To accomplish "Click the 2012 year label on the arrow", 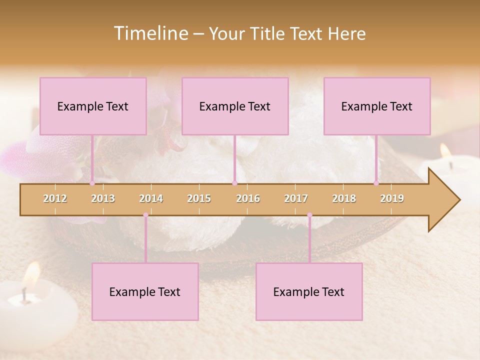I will click(55, 198).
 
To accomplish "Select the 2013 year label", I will click(103, 198).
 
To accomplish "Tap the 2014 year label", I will click(151, 198).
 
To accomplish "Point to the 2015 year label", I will click(199, 198).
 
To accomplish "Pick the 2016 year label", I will click(248, 198).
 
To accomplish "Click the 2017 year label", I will click(296, 198).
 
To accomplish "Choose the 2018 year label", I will click(344, 198).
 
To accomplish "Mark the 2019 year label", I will click(392, 198).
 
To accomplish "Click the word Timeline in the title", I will click(150, 33).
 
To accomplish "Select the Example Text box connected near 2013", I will click(93, 106).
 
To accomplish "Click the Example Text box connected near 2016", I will click(235, 106).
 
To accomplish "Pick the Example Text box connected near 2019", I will click(377, 106).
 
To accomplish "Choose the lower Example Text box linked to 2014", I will click(145, 291).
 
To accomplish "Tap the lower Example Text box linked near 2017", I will click(309, 291).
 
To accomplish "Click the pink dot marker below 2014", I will click(145, 215).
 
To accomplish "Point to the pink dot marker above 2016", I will click(234, 183).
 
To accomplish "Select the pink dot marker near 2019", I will click(376, 183).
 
